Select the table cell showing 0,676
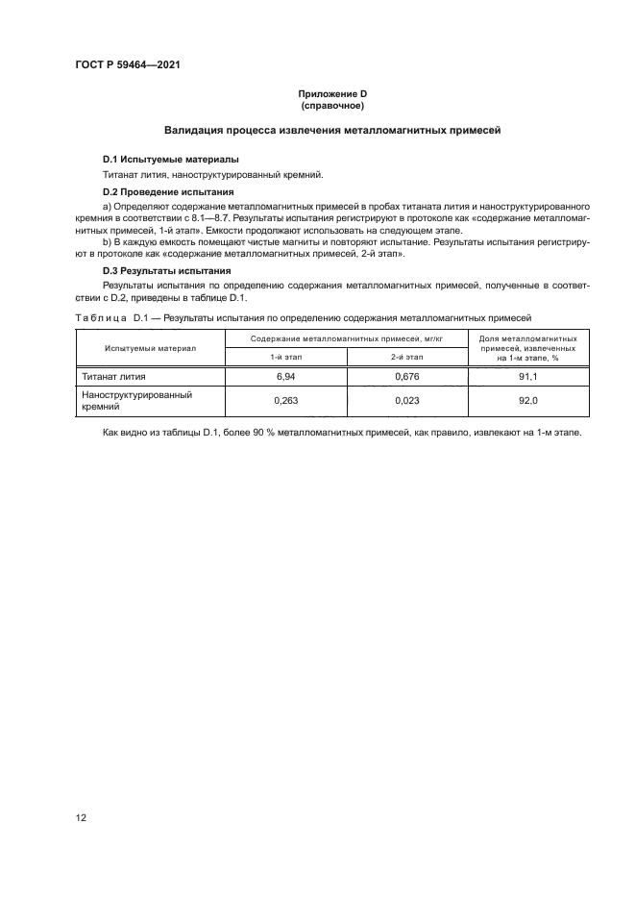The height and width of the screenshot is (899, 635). [407, 376]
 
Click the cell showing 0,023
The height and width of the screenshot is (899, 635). [407, 401]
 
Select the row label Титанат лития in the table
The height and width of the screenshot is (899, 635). [113, 376]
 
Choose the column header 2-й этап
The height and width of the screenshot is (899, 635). [407, 357]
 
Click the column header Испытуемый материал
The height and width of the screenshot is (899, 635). [150, 347]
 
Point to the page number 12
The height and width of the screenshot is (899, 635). [82, 818]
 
